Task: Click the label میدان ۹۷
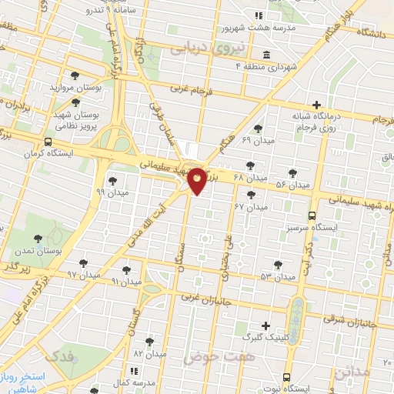pos(84,274)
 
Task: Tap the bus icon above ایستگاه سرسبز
pos(312,216)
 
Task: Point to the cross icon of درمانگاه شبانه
pos(316,105)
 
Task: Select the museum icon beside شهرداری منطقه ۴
pos(266,54)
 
